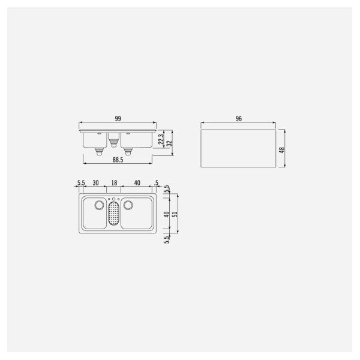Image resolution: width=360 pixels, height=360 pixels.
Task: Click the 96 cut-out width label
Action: point(239,119)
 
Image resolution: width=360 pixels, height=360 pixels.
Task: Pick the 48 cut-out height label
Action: point(281,149)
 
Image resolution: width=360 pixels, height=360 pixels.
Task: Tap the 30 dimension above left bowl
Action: point(96,184)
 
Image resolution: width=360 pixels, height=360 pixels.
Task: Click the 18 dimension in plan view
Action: point(115,184)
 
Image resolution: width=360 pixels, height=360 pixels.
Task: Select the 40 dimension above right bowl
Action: point(137,184)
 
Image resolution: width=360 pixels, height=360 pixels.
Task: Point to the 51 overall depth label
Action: point(175,214)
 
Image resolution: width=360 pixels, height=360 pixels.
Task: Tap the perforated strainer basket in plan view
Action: point(115,215)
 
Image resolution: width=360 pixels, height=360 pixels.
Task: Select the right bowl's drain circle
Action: point(128,205)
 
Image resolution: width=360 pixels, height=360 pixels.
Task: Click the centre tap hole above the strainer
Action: point(115,199)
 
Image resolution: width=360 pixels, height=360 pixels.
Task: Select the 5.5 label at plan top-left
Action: point(82,184)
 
